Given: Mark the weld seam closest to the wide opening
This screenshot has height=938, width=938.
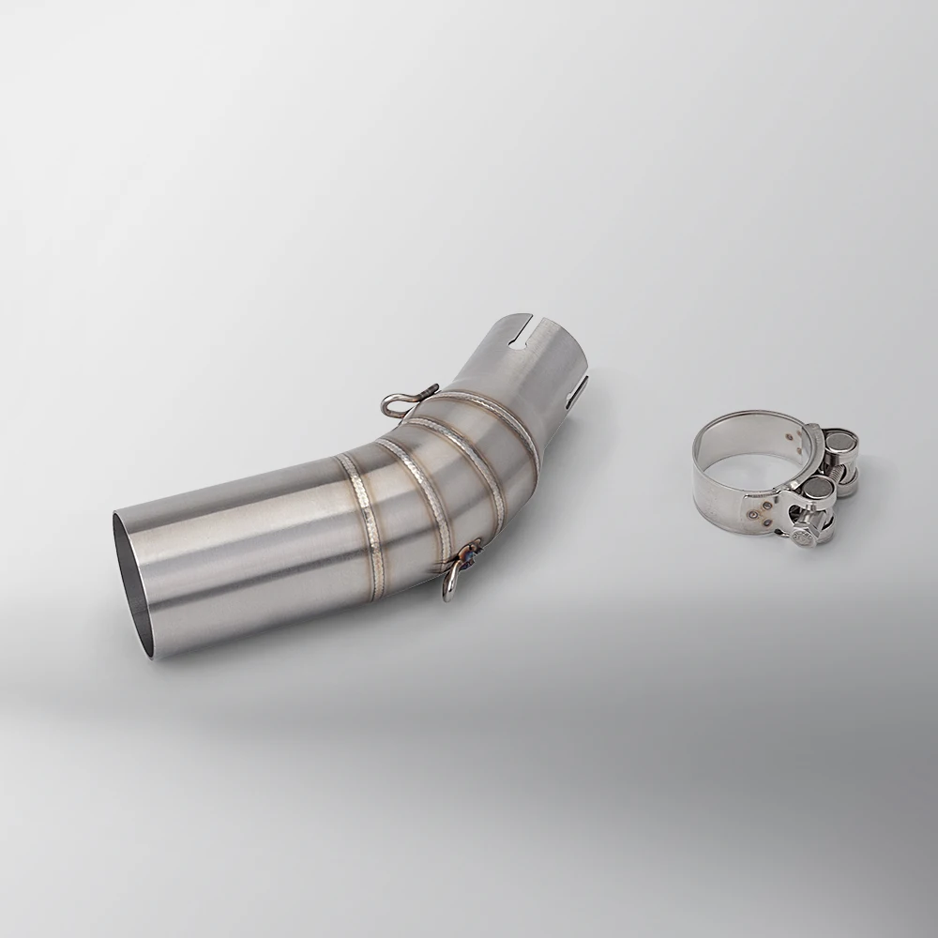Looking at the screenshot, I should point(365,516).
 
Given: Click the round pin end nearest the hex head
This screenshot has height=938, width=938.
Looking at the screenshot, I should point(817,488).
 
